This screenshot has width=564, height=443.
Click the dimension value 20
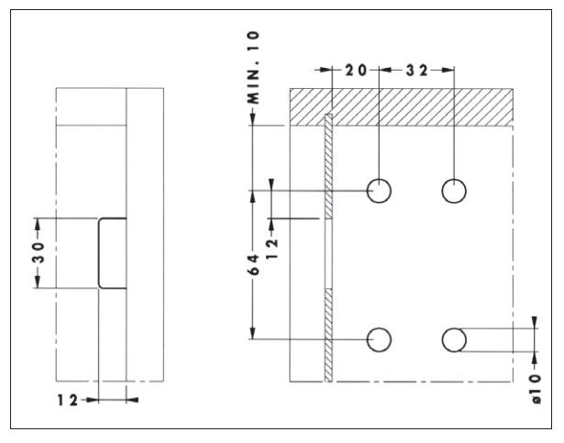(356, 71)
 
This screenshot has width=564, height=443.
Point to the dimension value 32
(417, 71)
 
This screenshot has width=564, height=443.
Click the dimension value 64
(254, 264)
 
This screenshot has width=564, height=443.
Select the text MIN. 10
(254, 68)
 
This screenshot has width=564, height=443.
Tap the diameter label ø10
(536, 389)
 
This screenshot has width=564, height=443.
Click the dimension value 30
(39, 252)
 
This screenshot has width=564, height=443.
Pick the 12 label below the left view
(68, 400)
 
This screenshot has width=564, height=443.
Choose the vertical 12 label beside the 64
(272, 249)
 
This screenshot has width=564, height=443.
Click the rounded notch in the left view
(99, 253)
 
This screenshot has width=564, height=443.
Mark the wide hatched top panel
(402, 107)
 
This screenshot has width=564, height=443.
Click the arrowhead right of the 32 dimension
(448, 70)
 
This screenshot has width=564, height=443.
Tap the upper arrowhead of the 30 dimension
(37, 225)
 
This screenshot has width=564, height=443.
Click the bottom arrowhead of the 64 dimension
(253, 333)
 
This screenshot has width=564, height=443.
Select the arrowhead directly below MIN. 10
(253, 119)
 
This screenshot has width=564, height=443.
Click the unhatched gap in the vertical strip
(328, 253)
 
